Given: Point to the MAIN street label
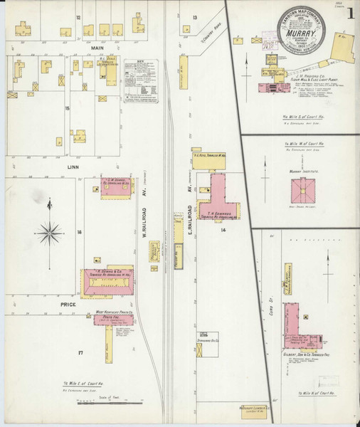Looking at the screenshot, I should click(97, 48).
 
